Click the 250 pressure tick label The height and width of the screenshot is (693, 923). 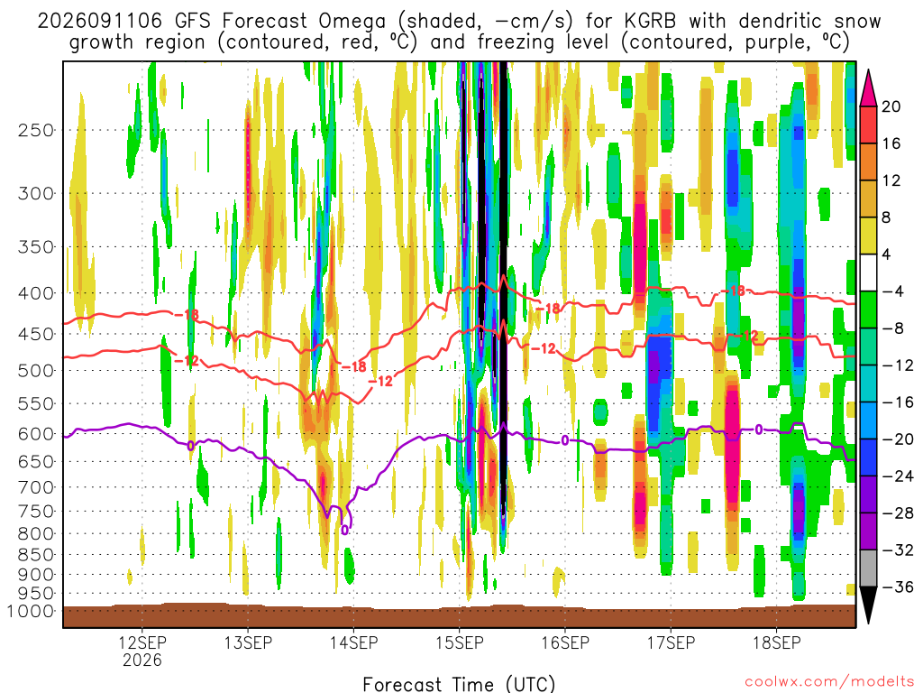[x=35, y=130]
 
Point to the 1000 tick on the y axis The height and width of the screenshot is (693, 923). [x=30, y=611]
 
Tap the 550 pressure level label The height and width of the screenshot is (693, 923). [x=35, y=404]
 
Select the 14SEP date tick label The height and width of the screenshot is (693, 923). [x=353, y=642]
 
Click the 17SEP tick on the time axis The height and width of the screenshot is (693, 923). [x=671, y=642]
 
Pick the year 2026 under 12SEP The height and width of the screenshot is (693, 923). [x=142, y=660]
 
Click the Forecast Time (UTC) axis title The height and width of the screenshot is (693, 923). [x=459, y=684]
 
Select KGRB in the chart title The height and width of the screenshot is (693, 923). [x=649, y=22]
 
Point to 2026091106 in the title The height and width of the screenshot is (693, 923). [x=99, y=22]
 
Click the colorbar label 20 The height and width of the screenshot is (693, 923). [x=891, y=106]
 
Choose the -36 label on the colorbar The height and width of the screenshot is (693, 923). [x=897, y=587]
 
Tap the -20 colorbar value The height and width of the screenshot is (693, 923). [x=897, y=439]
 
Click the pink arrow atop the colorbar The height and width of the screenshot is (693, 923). [x=868, y=88]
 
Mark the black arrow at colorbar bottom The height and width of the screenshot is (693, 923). [x=868, y=605]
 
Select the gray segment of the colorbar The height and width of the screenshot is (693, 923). [x=868, y=568]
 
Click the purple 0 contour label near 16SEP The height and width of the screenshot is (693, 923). [x=564, y=440]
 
